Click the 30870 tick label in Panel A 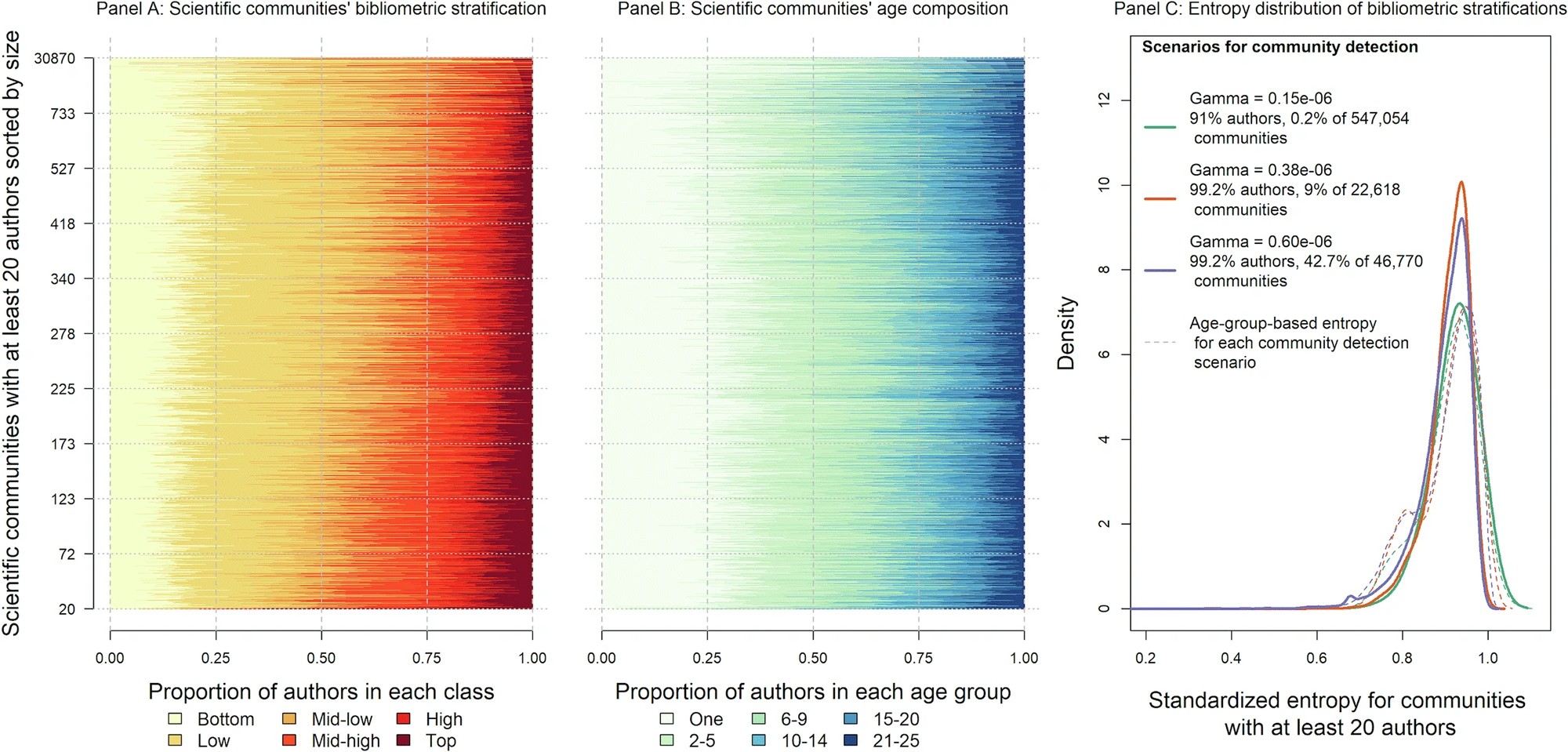pos(54,59)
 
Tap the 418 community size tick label pos(63,224)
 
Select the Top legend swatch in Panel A pos(404,740)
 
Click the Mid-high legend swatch pos(289,740)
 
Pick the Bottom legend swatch pos(175,719)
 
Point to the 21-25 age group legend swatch pos(851,740)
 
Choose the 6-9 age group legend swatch pos(759,719)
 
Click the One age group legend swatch pos(667,719)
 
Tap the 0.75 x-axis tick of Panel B pos(919,659)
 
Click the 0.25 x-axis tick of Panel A pos(216,659)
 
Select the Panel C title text pos(1340,9)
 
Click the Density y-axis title pos(1066,332)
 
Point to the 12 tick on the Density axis pos(1105,100)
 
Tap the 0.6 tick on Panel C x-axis pos(1316,659)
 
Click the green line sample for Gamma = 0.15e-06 pos(1160,127)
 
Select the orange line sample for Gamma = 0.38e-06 pos(1160,199)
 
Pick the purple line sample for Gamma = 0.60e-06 pos(1160,271)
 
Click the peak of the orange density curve pos(1461,183)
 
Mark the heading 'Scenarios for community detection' pos(1279,47)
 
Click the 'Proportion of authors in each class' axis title pos(321,692)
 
